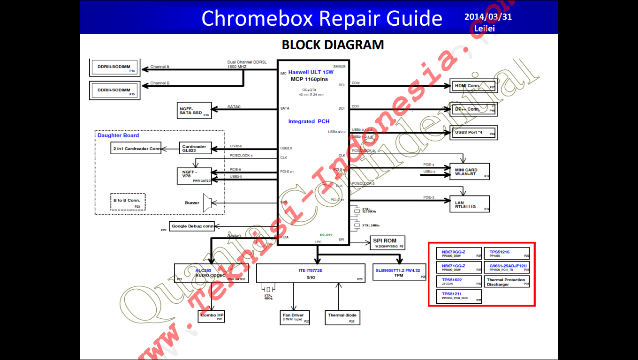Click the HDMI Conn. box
coord(473,86)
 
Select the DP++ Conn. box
coord(473,109)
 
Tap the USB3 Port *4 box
coord(473,133)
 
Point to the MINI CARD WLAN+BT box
coord(469,172)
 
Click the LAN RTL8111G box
coord(469,204)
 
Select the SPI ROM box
coord(387,242)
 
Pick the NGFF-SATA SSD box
coord(194,110)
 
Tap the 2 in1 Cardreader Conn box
coord(136,149)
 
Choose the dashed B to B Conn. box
coord(128,202)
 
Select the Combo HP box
coord(212,316)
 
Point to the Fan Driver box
coord(294,317)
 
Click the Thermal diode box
coord(342,317)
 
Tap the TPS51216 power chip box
coord(507,254)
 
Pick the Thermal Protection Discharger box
coord(507,282)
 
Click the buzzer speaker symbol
coord(213,202)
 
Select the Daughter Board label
coord(118,135)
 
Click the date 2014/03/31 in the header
coord(488,17)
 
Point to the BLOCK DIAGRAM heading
coord(333,45)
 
